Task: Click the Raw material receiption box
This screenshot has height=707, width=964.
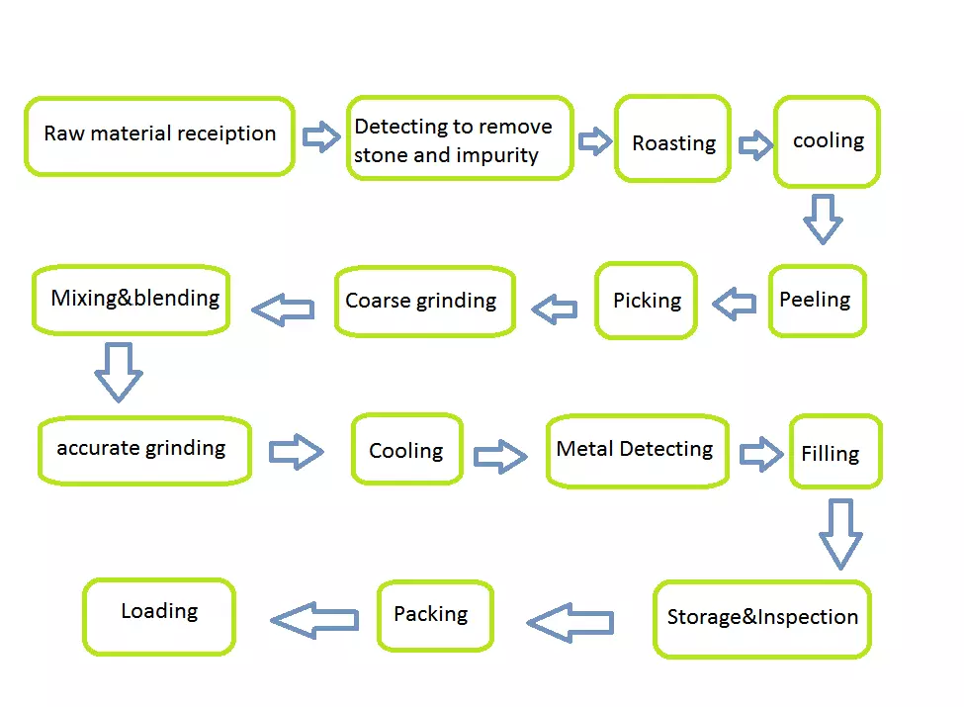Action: click(159, 135)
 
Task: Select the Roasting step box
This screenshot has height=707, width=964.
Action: click(672, 138)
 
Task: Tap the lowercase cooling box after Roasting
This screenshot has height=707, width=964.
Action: click(827, 141)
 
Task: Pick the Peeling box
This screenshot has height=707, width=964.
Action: click(817, 301)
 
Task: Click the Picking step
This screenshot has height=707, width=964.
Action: click(647, 301)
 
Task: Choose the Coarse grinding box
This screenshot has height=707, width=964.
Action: click(425, 302)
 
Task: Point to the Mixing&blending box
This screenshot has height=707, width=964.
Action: click(131, 300)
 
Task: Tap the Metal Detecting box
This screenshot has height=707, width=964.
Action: click(638, 451)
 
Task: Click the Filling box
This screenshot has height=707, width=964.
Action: click(835, 451)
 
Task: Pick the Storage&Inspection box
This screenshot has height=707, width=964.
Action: click(762, 619)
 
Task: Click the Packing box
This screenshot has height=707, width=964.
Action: click(435, 615)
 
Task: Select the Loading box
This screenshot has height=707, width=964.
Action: click(159, 617)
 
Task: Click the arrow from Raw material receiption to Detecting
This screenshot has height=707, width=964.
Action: click(321, 136)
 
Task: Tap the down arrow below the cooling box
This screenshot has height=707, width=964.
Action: click(823, 219)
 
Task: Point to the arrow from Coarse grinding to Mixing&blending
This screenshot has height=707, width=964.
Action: click(283, 309)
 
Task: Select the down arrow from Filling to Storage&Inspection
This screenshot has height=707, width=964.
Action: click(840, 534)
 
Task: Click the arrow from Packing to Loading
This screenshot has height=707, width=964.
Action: click(314, 620)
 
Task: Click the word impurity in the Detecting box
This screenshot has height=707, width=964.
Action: click(497, 155)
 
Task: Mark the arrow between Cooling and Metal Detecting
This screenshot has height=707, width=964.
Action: click(500, 456)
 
